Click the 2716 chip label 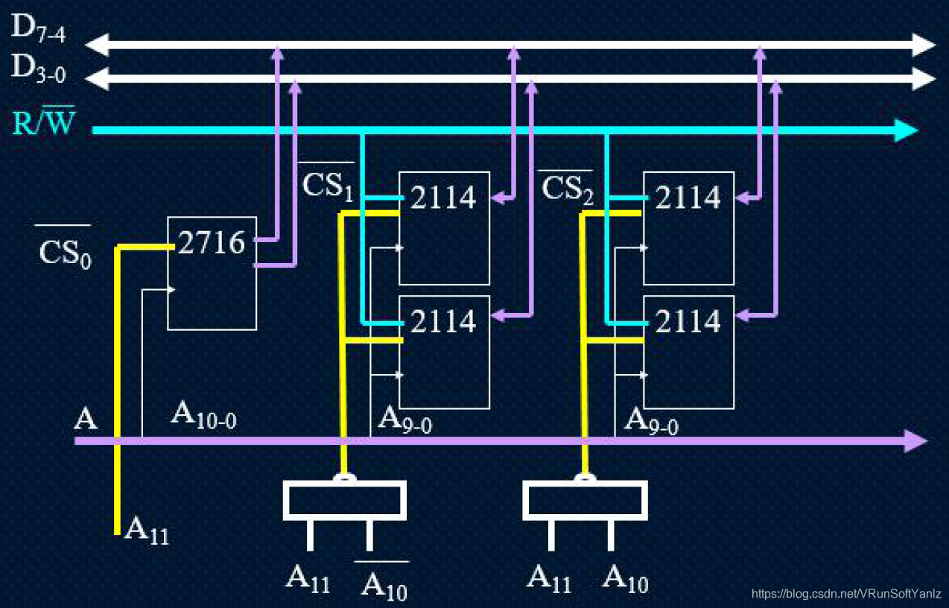coord(212,242)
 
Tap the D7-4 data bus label coord(39,30)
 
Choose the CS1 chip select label coord(327,186)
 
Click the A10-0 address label coord(203,414)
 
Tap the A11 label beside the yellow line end coord(147,530)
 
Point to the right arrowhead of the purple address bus coord(916,441)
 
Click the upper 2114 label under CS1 coord(443,198)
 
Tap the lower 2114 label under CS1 coord(443,322)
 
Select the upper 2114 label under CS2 coord(688,198)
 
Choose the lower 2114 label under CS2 coord(688,322)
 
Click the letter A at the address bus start coord(86,419)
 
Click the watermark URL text coord(847,594)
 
